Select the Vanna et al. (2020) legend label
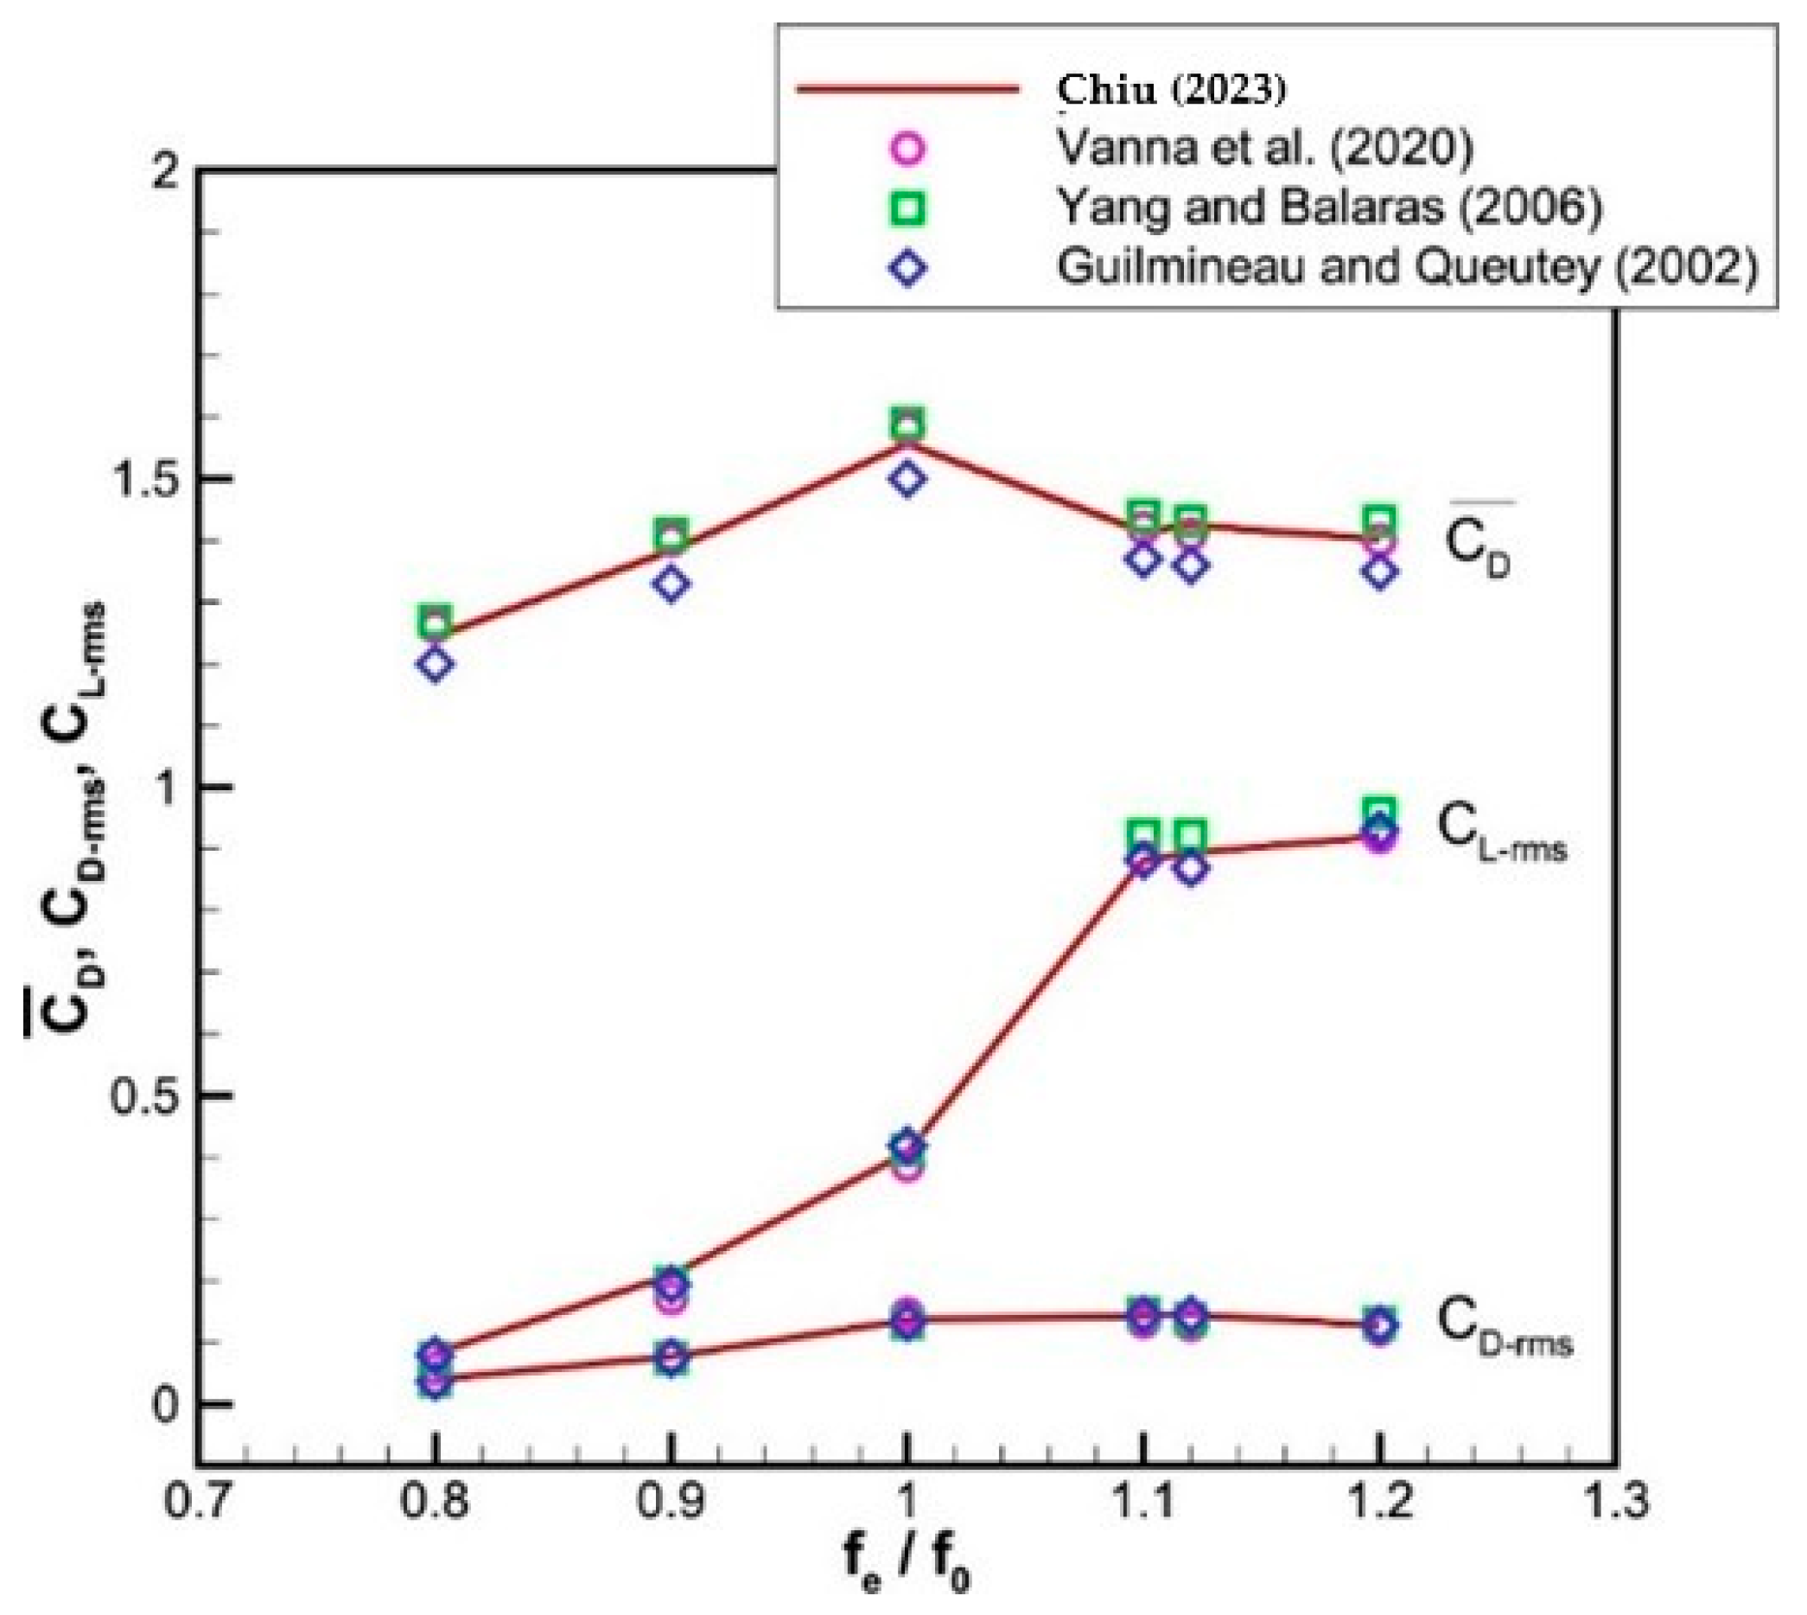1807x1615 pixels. pyautogui.click(x=1264, y=147)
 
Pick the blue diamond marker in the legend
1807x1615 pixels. pyautogui.click(x=908, y=268)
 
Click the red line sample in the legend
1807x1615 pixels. pyautogui.click(x=907, y=89)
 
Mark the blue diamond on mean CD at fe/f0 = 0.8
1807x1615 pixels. pyautogui.click(x=435, y=665)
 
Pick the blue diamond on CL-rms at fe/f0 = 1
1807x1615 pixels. pyautogui.click(x=907, y=1146)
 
